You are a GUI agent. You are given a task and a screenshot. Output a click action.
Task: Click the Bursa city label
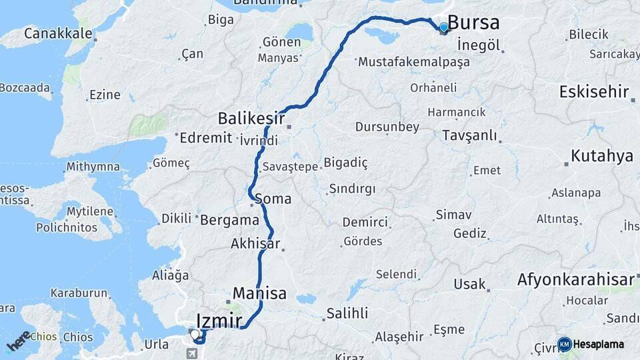click(473, 23)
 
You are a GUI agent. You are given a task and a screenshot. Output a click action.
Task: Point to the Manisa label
click(259, 293)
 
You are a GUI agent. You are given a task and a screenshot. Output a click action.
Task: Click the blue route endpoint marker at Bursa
click(444, 27)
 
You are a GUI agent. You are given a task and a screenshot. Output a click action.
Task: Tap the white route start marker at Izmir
click(194, 333)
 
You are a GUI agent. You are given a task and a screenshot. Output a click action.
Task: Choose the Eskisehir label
click(593, 92)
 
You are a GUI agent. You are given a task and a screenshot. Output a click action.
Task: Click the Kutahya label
click(601, 157)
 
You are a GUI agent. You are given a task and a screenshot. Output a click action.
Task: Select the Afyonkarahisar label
click(575, 280)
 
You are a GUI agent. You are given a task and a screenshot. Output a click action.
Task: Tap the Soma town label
click(273, 199)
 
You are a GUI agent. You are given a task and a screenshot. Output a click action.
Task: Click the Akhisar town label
click(255, 243)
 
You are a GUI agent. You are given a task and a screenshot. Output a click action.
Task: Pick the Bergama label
click(229, 219)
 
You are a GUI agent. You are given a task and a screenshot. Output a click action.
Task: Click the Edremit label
click(205, 138)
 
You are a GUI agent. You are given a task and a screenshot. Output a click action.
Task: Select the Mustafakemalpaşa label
click(413, 62)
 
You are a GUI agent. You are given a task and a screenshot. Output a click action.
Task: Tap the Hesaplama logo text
click(599, 345)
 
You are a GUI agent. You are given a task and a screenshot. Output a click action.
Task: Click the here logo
click(19, 340)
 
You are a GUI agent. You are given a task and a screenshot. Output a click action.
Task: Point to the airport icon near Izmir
click(193, 353)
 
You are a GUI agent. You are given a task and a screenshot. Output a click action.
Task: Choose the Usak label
click(469, 284)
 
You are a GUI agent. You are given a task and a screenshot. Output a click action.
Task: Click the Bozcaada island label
click(25, 87)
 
